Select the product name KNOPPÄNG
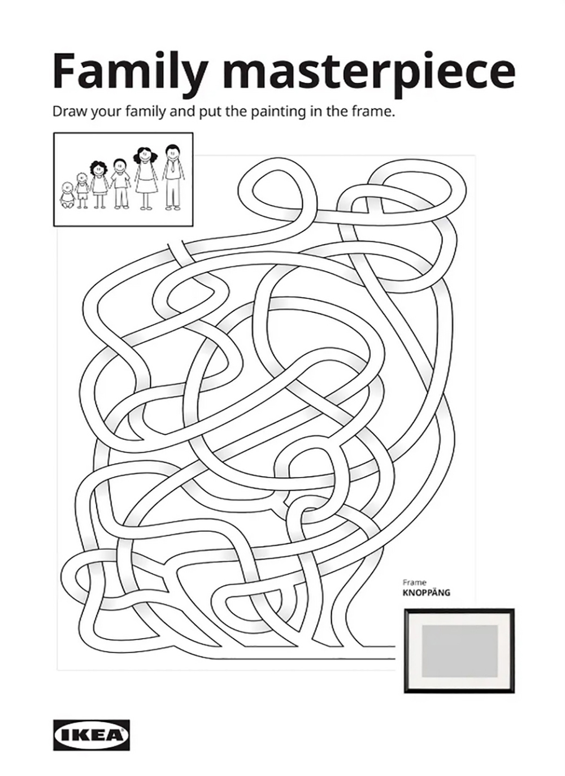coord(427,593)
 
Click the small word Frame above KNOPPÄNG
coord(415,583)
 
